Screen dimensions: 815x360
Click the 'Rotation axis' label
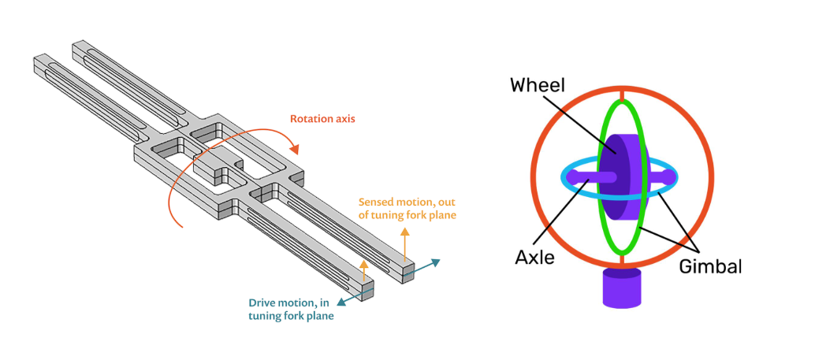click(322, 119)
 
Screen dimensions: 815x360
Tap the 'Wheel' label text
click(537, 84)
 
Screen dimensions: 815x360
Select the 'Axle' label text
click(534, 257)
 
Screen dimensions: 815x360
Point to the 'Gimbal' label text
click(710, 266)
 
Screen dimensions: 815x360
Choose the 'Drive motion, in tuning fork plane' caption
click(291, 309)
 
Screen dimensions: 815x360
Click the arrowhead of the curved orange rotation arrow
click(295, 150)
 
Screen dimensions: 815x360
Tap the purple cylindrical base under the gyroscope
click(622, 288)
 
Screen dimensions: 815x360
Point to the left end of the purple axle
click(571, 178)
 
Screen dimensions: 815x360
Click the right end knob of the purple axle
click(669, 178)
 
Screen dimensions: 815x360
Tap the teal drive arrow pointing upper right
click(422, 268)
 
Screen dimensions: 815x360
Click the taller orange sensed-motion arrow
click(404, 244)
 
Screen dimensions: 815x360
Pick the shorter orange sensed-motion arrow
click(364, 271)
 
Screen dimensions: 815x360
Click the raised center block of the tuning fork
click(217, 165)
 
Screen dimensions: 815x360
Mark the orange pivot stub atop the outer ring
click(622, 94)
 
